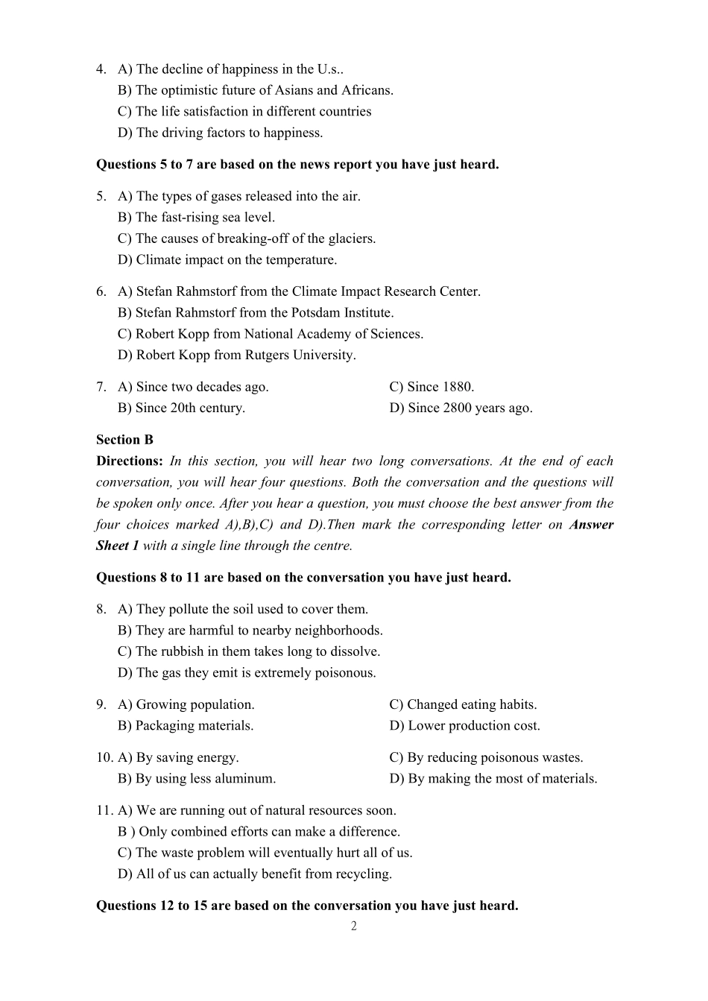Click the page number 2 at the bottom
pos(354,926)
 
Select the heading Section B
pos(124,440)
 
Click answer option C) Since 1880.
pos(432,387)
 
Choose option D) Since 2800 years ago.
pos(461,408)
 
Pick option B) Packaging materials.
pos(186,725)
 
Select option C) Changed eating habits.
pos(463,704)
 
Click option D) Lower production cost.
pos(464,725)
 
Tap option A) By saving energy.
pos(178,757)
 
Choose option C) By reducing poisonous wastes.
pos(486,757)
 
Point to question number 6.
pos(101,291)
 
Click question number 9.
pos(101,704)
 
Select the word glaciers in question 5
pos(350,239)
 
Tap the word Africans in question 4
pos(366,90)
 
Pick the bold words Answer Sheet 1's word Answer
pos(591,524)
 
